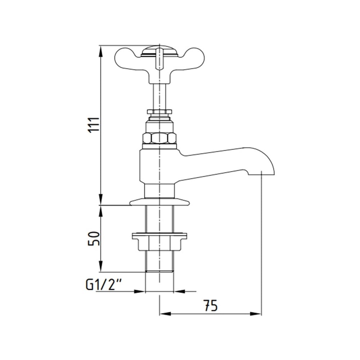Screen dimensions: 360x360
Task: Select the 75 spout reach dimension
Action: (x=211, y=306)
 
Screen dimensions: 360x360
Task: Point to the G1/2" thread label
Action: (x=103, y=285)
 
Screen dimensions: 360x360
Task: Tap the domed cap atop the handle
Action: (x=159, y=50)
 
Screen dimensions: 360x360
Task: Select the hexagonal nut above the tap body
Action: (x=159, y=138)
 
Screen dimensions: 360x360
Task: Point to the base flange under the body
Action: (x=159, y=202)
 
